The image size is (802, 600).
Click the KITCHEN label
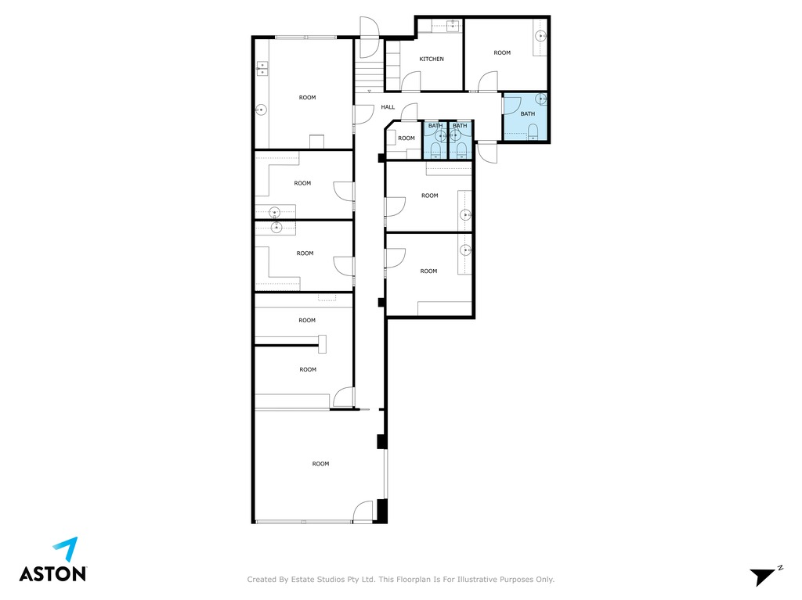[432, 59]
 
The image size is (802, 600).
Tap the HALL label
[388, 107]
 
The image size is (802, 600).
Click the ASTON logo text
[52, 573]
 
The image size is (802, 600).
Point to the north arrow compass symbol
[766, 576]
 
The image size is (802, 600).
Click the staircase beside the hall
[370, 76]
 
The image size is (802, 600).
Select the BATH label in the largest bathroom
[527, 114]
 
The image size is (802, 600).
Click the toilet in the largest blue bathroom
[533, 131]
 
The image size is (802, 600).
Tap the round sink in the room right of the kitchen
[540, 36]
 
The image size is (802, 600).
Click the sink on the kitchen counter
[452, 26]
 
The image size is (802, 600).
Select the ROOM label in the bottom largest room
[320, 464]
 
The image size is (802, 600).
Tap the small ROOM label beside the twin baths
[406, 138]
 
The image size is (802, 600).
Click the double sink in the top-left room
[262, 68]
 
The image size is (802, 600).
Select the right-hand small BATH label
[460, 126]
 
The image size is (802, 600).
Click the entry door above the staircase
[369, 37]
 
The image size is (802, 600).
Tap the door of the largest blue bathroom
[511, 102]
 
